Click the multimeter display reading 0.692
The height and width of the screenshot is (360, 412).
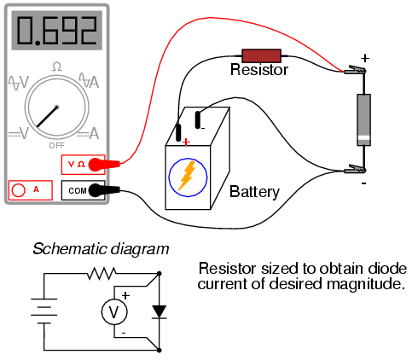pos(56,31)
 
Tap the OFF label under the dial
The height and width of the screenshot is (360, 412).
pos(57,146)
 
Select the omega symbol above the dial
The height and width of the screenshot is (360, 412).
pos(57,67)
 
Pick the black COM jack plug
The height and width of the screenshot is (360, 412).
pos(104,190)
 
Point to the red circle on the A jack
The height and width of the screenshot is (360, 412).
pos(19,190)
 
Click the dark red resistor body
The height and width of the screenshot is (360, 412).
pos(261,56)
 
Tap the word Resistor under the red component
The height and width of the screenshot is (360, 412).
pos(259,70)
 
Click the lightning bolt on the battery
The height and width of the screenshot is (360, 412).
pos(187,176)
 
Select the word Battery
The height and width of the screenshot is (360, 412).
pos(254,192)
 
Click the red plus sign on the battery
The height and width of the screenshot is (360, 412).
pos(186,142)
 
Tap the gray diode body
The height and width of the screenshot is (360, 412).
pos(363,119)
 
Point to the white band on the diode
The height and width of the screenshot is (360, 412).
pos(363,138)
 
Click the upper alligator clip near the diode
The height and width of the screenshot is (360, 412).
pos(355,70)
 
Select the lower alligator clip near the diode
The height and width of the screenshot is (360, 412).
pos(355,170)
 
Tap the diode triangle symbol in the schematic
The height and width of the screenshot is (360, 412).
pos(160,311)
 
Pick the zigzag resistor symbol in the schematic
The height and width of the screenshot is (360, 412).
pos(102,274)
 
